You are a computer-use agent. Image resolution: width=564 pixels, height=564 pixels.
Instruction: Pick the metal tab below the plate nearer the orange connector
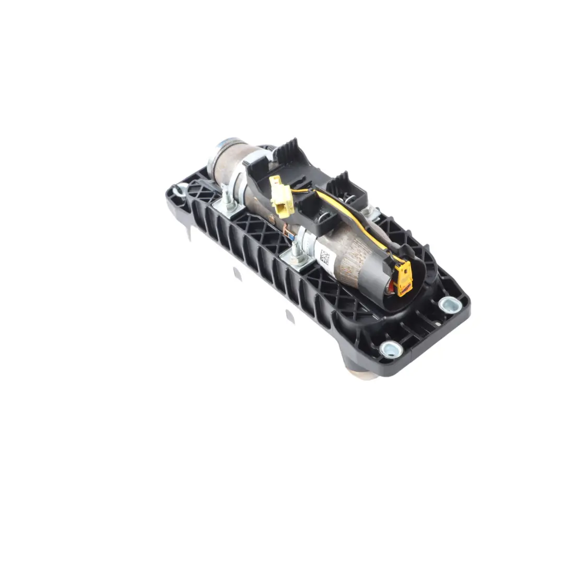(x=289, y=315)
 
